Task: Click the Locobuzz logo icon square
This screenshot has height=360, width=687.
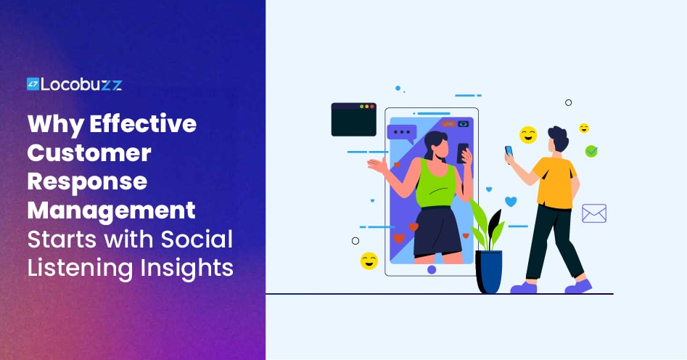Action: coord(33,83)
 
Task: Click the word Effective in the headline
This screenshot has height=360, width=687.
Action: coord(143,123)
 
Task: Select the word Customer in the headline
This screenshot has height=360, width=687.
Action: coord(89,152)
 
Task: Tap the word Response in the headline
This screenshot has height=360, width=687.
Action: coord(87,182)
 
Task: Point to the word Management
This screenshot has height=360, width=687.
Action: coord(111,211)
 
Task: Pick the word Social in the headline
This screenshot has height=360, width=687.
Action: coord(197,239)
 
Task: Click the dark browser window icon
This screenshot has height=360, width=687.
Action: coord(353,119)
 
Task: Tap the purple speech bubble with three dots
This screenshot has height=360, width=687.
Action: coord(401,134)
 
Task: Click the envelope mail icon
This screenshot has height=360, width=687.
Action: coord(594,213)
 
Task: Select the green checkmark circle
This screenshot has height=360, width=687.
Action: coord(591,151)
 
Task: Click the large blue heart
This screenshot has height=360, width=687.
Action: coord(511,201)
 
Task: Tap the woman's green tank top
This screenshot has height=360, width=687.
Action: coord(435,184)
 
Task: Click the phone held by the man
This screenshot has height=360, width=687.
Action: coord(509,151)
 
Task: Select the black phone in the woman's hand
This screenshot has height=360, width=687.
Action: coord(462,153)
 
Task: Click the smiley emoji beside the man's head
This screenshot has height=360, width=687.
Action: coord(528,135)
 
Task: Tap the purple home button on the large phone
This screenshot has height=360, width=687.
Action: coord(432,270)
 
